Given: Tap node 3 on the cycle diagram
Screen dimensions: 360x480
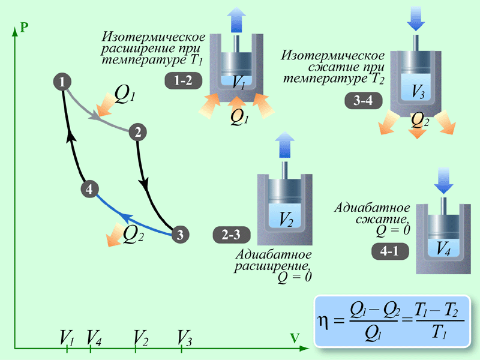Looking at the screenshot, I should (x=180, y=235).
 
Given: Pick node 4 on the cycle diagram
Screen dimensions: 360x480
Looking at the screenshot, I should (x=89, y=190).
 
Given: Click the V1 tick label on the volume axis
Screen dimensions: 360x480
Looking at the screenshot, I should (x=67, y=337).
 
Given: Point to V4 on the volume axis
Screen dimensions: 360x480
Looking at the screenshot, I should (x=93, y=337).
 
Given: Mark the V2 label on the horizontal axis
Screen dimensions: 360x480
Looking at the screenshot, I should (x=141, y=337).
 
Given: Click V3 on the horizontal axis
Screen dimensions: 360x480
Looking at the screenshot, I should (x=185, y=337).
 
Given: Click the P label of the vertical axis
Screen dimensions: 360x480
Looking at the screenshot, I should (x=24, y=27).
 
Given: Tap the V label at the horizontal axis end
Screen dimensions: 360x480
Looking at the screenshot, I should (x=295, y=338).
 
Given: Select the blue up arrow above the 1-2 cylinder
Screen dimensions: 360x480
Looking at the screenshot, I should (x=238, y=22).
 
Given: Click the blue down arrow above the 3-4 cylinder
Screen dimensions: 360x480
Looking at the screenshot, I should (x=415, y=19).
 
